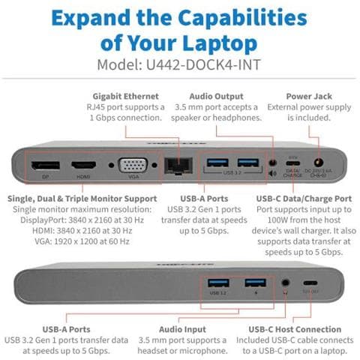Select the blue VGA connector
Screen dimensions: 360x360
[132, 165]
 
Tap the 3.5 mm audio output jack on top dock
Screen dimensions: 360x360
[271, 162]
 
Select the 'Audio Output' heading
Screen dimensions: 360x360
[217, 96]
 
